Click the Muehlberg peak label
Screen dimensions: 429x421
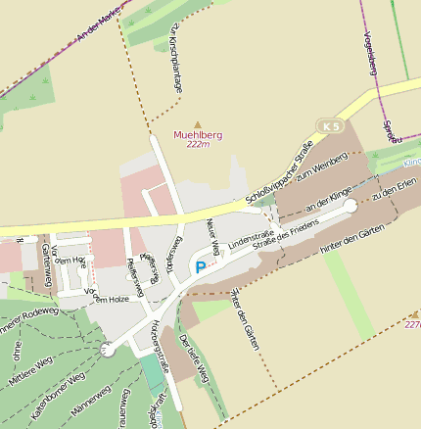pyautogui.click(x=198, y=134)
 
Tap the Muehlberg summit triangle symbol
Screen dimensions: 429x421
pyautogui.click(x=198, y=124)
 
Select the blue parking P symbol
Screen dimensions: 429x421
pyautogui.click(x=201, y=266)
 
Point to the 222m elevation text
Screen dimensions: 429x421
pyautogui.click(x=198, y=144)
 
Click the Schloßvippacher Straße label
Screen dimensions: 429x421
pyautogui.click(x=279, y=173)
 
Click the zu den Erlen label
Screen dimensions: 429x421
pyautogui.click(x=395, y=185)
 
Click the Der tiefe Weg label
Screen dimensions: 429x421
pyautogui.click(x=194, y=358)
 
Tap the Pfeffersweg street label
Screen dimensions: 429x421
pyautogui.click(x=134, y=276)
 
